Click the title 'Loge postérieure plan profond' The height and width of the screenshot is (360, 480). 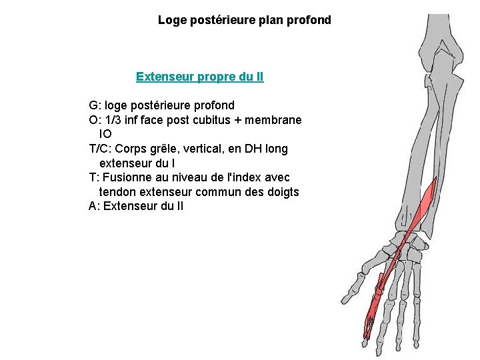point(244,20)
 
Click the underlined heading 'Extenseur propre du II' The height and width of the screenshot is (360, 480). point(199,77)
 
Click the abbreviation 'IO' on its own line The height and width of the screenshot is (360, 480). point(105,134)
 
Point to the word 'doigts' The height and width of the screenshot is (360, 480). point(283,192)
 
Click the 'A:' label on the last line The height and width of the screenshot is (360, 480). point(95,207)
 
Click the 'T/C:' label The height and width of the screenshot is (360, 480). point(101,149)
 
